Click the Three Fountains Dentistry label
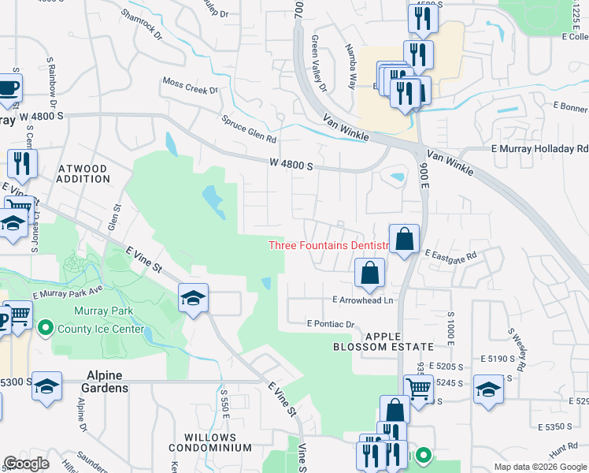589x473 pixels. (329, 245)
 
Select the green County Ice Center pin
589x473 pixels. (46, 326)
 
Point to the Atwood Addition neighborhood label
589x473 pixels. (83, 173)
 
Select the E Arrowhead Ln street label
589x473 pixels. (362, 300)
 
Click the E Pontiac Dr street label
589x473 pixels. (332, 323)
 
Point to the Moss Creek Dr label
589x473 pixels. (190, 85)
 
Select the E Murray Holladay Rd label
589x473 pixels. (539, 148)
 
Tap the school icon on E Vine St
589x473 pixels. (193, 298)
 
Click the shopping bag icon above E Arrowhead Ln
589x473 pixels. (369, 274)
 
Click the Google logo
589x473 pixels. (27, 464)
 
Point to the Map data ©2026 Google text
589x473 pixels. (540, 467)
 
